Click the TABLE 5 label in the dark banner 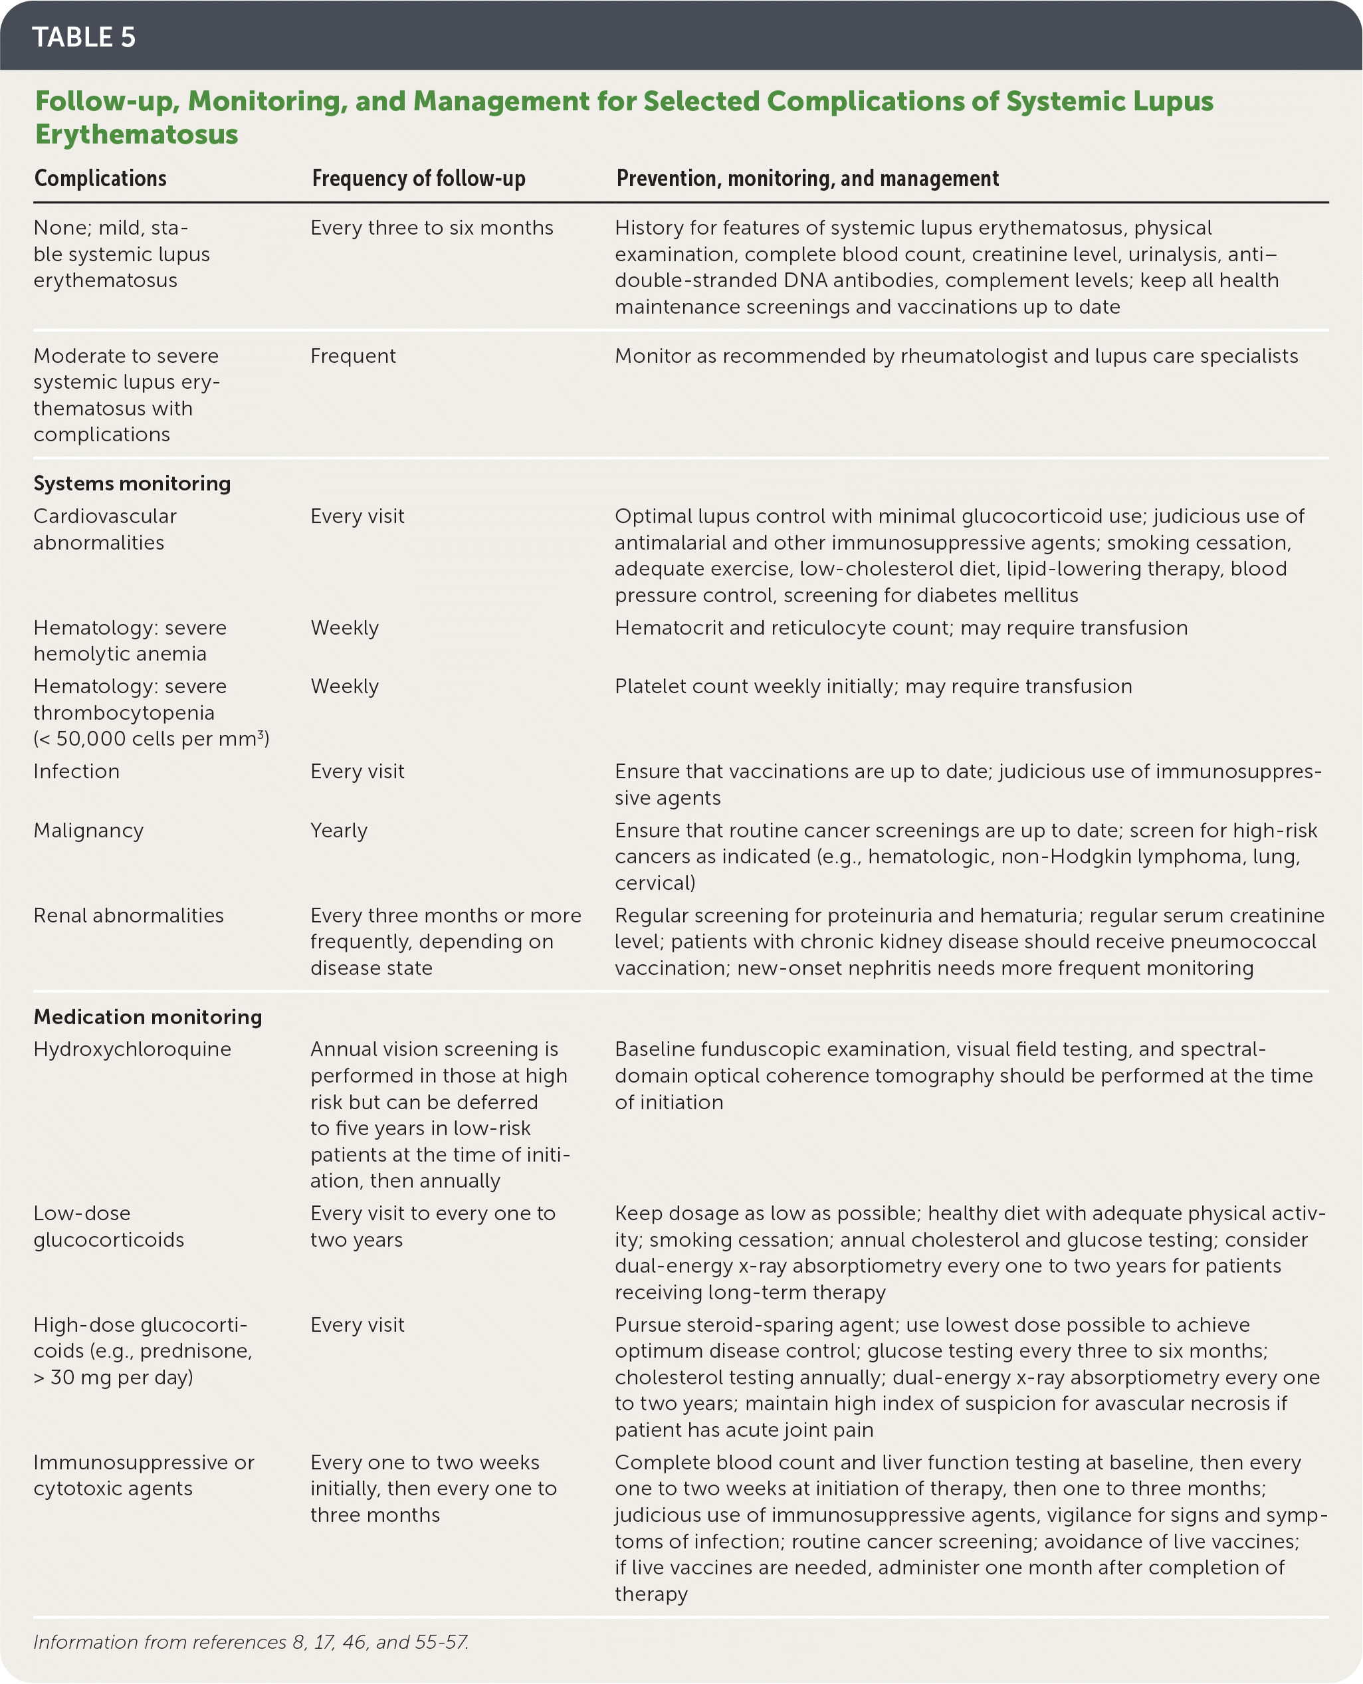click(x=84, y=37)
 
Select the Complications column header click(x=100, y=178)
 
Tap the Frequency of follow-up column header click(x=419, y=178)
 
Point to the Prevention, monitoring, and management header click(x=807, y=178)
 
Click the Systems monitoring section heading click(x=132, y=483)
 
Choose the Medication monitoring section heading click(x=148, y=1017)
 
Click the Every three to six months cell click(x=432, y=228)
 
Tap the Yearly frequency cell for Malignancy click(x=339, y=830)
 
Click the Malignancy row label click(x=89, y=830)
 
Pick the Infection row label click(x=76, y=771)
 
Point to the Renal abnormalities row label click(x=129, y=915)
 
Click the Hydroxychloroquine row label click(x=132, y=1049)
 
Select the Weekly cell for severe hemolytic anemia click(x=345, y=627)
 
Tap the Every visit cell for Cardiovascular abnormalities click(x=358, y=516)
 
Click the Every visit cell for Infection click(x=358, y=771)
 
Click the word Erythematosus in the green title click(x=137, y=134)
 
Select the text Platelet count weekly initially click(x=754, y=686)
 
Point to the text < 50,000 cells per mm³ click(x=152, y=739)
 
